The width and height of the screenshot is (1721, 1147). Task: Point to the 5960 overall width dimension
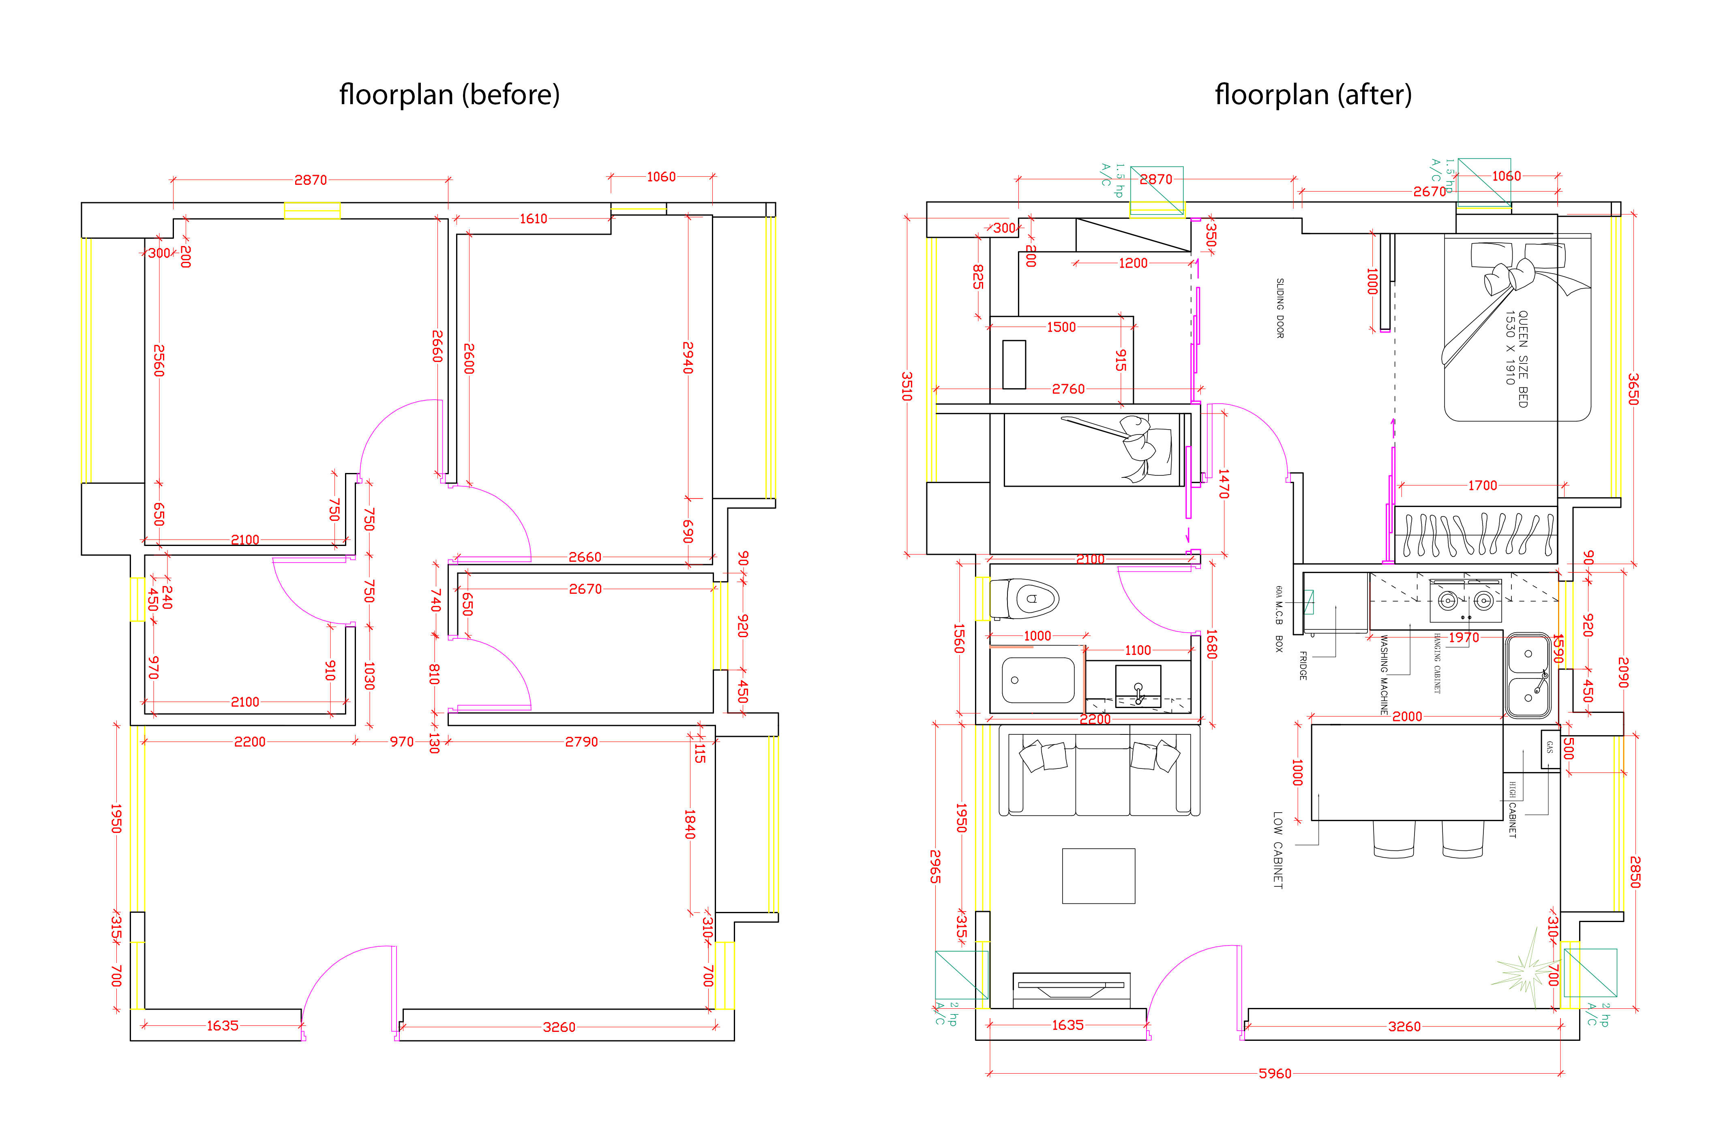(x=1275, y=1073)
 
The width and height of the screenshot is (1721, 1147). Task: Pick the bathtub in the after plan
(x=1037, y=680)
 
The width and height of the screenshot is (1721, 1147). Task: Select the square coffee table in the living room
(x=1098, y=875)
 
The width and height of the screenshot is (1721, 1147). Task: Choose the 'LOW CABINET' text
(x=1277, y=849)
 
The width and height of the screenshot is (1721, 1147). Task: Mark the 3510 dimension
(x=907, y=386)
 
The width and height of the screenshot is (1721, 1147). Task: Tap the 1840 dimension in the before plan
(x=689, y=824)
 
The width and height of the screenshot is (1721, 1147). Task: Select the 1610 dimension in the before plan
(x=534, y=219)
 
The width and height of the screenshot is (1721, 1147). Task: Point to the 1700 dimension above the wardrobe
(x=1483, y=485)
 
